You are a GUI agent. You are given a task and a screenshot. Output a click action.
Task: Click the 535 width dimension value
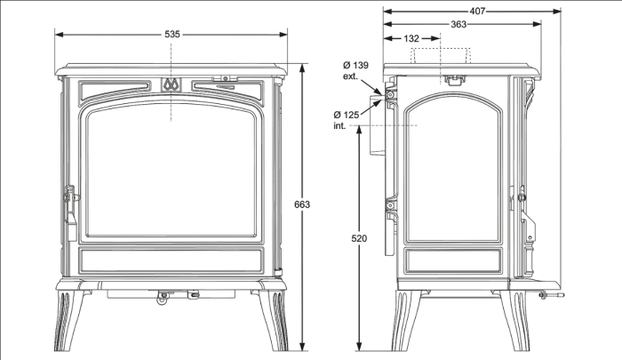pos(172,35)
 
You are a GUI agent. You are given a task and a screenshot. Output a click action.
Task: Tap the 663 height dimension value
pos(302,204)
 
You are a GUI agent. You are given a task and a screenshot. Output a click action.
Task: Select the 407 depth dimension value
pos(477,12)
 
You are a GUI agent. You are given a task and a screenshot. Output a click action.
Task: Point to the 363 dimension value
pos(459,24)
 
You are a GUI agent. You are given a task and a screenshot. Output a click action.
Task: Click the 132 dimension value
pos(411,38)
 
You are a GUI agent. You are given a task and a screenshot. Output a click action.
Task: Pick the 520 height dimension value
pos(359,238)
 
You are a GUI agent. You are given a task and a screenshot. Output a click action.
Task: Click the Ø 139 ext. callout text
pos(355,70)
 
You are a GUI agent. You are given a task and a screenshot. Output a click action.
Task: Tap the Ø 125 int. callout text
pos(346,120)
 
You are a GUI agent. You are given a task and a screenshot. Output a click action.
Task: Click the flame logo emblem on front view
pos(171,84)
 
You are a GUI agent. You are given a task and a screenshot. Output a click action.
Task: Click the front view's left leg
pos(69,320)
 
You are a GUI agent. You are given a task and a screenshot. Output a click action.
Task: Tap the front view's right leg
pos(273,320)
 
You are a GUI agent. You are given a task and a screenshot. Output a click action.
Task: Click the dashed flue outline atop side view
pos(441,56)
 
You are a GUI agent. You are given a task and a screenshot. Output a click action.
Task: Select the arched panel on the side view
pos(453,168)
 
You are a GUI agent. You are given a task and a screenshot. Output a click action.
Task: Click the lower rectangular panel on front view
pos(171,260)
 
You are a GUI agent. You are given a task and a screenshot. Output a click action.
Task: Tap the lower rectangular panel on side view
pos(453,260)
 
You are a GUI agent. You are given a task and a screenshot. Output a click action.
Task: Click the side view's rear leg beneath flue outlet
pos(407,320)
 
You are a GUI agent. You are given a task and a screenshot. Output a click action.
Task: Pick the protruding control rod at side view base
pos(552,295)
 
